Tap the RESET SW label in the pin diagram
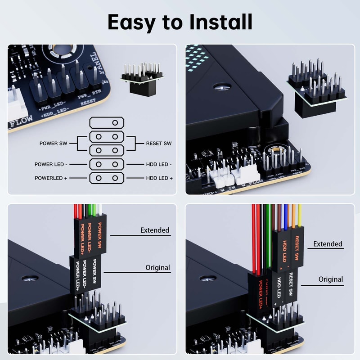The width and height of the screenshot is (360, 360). (x=158, y=144)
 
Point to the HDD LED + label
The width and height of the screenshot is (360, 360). (x=159, y=178)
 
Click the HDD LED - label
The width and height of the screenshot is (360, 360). (x=159, y=165)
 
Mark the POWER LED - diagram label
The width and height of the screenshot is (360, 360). (x=52, y=165)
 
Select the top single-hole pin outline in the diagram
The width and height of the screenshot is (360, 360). (x=106, y=122)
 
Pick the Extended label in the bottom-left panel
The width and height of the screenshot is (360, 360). (x=155, y=230)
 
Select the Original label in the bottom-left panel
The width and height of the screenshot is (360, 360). (x=157, y=267)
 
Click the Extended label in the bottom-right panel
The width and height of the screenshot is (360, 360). (x=328, y=244)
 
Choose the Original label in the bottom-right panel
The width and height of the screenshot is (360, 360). (x=331, y=279)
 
